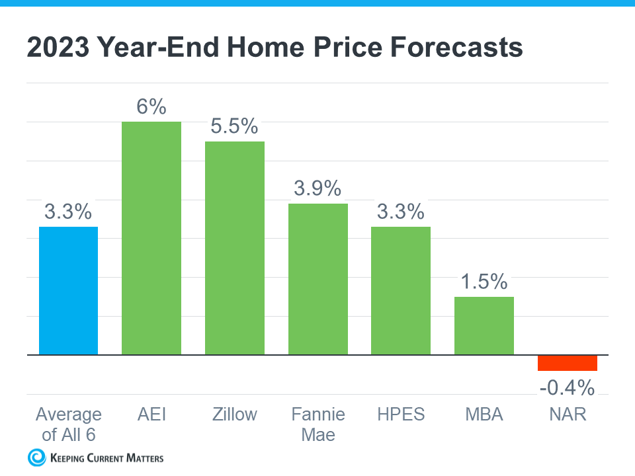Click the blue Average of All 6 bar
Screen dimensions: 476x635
(68, 291)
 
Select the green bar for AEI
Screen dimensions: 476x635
(151, 238)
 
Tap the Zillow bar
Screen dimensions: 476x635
(234, 248)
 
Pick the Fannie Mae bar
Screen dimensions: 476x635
(318, 279)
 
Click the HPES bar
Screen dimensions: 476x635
(401, 291)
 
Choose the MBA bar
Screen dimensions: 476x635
(484, 326)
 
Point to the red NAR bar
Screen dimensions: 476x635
(567, 363)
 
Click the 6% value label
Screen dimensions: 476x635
(151, 107)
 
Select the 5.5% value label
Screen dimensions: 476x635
(234, 126)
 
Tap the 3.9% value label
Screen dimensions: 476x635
(317, 188)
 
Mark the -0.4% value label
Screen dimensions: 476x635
(567, 387)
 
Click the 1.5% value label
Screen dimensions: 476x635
(484, 282)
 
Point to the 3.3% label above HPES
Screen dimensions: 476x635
(401, 212)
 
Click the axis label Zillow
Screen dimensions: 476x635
(234, 415)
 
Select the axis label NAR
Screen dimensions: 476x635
(567, 415)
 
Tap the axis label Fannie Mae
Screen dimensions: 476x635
(318, 424)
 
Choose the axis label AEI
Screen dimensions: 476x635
(151, 415)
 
